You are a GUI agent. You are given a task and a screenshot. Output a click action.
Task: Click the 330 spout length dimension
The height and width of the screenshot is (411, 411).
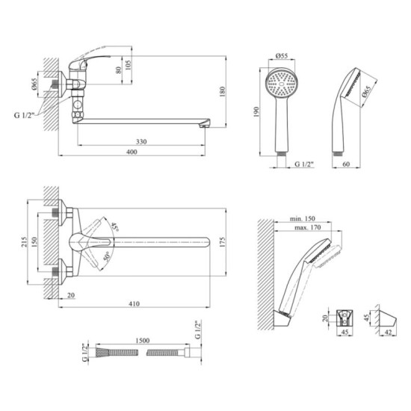pos(141,142)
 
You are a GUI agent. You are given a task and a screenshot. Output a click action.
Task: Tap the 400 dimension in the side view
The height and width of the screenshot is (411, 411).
pos(132,152)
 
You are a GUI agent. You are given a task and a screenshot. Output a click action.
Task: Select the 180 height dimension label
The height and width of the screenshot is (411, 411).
pos(222,92)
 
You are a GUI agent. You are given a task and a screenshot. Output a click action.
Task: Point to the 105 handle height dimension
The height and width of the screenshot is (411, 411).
pos(129,65)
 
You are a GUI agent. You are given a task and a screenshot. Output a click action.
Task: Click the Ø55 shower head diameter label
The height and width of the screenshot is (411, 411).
pos(282,55)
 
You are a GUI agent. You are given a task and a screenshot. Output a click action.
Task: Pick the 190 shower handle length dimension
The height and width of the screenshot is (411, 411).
pos(256,111)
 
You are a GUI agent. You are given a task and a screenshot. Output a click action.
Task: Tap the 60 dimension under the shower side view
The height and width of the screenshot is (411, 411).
pos(346,164)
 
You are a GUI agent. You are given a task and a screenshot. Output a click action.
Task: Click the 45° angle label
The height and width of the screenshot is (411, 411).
pos(115,226)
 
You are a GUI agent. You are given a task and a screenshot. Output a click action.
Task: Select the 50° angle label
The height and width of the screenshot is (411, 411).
pos(107,256)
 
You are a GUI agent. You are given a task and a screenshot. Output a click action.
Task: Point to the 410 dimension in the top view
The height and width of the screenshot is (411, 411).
pos(134,304)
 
